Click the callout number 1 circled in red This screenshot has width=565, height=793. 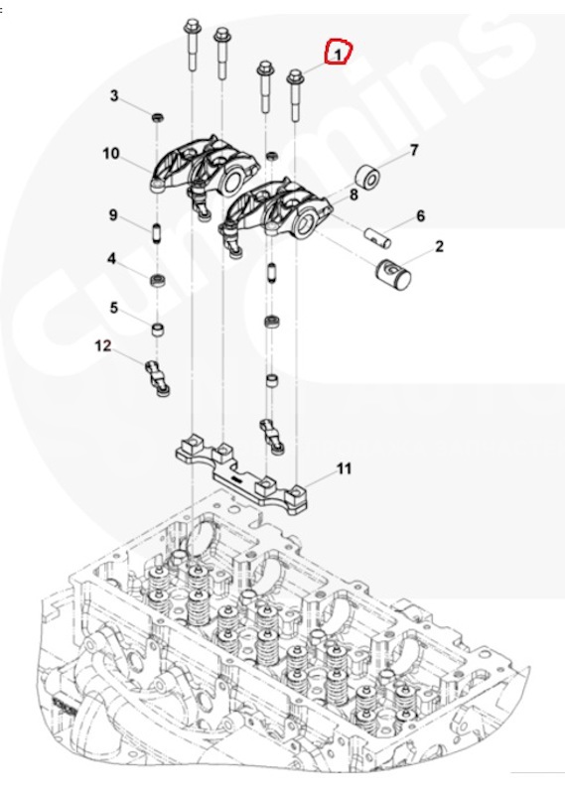coord(338,53)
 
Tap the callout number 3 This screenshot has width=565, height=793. coord(114,95)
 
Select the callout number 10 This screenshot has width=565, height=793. coord(111,153)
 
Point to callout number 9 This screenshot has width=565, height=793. coord(113,215)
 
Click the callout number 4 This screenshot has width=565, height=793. coord(112,259)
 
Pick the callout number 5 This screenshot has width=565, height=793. coord(114,308)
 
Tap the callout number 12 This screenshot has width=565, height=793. coord(103,346)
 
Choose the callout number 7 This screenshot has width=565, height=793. coord(414,150)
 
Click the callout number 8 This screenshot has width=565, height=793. coord(353,195)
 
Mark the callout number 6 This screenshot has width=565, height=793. coord(420,216)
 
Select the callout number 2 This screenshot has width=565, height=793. coord(439,246)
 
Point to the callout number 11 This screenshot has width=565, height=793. coord(344,468)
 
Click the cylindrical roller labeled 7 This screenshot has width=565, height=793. coord(367,177)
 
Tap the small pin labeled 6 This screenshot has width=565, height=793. coord(378,237)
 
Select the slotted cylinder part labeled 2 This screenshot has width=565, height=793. coord(393,275)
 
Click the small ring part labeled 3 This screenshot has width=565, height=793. coord(158,118)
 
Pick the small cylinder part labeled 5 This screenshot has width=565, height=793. coord(158,330)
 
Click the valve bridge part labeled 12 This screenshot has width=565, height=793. coord(158,377)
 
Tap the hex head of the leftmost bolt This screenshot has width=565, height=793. coord(192,23)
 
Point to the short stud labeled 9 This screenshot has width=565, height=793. coord(157,232)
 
